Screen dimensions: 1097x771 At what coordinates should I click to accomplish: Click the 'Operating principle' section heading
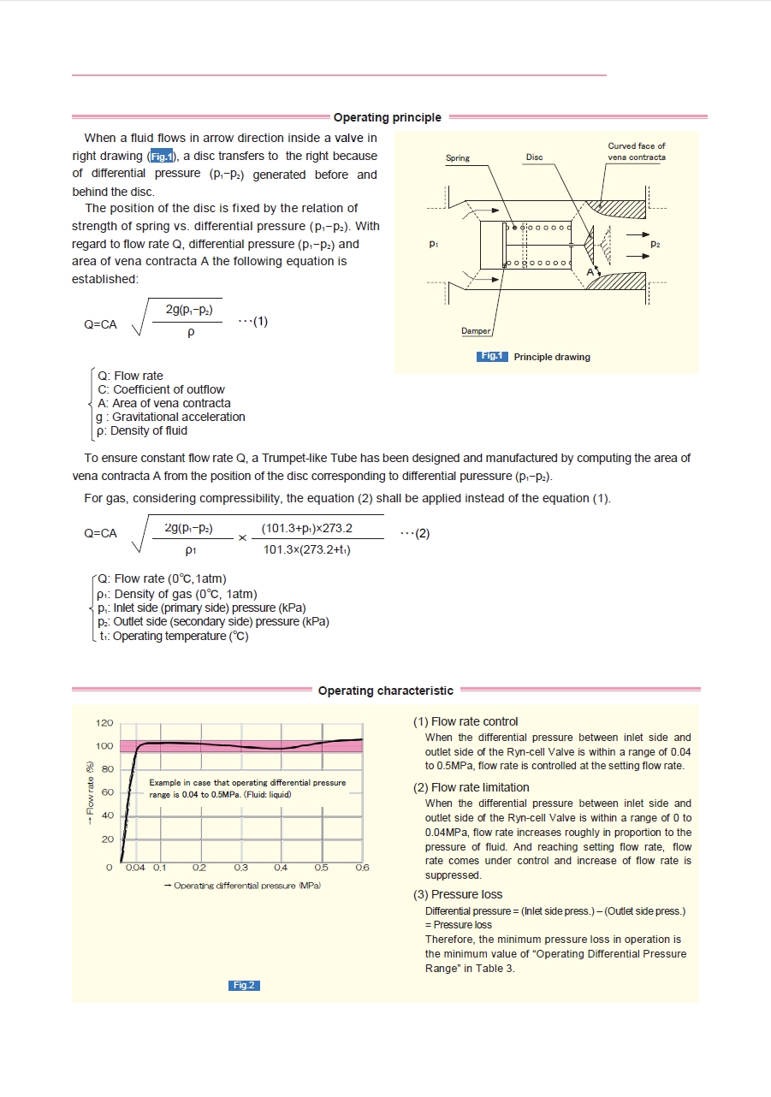[x=387, y=117]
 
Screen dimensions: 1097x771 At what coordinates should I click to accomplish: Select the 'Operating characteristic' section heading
[x=385, y=691]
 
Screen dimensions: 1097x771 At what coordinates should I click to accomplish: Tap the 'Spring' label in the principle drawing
[x=458, y=158]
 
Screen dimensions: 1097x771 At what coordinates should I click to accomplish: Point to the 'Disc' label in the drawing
[x=534, y=158]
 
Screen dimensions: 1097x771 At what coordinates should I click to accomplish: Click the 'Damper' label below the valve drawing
[x=476, y=330]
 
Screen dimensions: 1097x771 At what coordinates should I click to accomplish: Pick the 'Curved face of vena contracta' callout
[x=636, y=151]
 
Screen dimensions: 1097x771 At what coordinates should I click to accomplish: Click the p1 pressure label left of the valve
[x=435, y=245]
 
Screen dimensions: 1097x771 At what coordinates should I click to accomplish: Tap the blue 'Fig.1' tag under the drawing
[x=493, y=357]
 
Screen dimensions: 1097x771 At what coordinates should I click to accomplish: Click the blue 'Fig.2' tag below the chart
[x=244, y=985]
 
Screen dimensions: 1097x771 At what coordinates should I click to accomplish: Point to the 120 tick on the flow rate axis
[x=104, y=723]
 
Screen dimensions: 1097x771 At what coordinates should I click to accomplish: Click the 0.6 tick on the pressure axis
[x=362, y=868]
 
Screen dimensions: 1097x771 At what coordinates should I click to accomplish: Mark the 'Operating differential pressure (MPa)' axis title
[x=242, y=886]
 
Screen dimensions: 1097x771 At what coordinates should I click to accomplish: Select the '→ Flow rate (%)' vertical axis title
[x=89, y=788]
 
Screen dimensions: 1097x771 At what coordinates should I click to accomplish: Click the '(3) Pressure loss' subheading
[x=458, y=894]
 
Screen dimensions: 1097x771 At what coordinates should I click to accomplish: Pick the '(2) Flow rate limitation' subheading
[x=471, y=787]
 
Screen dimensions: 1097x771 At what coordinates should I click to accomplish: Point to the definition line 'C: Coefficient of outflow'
[x=162, y=389]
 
